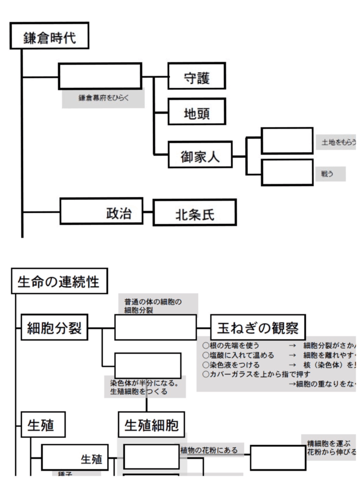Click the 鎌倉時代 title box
coord(49,36)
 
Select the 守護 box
coord(196,76)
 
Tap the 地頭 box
coord(196,112)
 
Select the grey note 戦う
coord(330,173)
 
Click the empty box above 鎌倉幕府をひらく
coord(100,76)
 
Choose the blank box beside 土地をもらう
coord(287,140)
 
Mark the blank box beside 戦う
coord(287,172)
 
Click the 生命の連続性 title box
coord(59,281)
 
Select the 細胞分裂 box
coord(54,327)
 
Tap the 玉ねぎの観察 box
coord(258,327)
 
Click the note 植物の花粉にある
coord(209,450)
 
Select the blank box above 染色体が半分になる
coord(148,366)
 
